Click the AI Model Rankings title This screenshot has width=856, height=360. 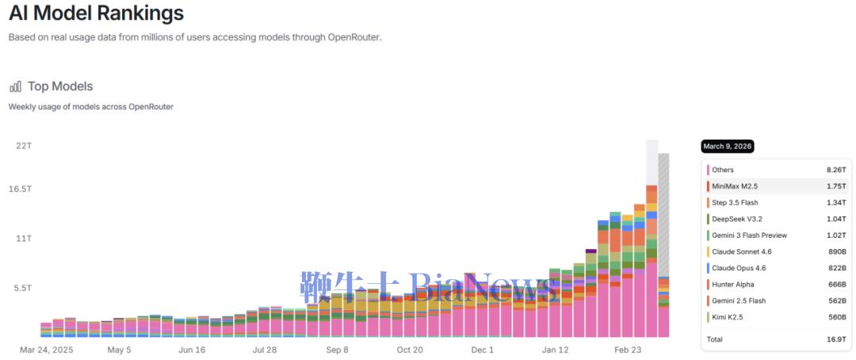(x=96, y=13)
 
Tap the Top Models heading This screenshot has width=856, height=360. (x=60, y=86)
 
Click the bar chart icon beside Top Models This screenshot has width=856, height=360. (x=16, y=86)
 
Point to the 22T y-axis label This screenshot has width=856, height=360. (x=24, y=145)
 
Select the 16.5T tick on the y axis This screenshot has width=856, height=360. (x=21, y=189)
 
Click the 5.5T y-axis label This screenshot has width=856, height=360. (x=23, y=288)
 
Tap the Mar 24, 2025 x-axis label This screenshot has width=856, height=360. (x=47, y=349)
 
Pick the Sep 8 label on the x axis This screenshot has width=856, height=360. (x=336, y=349)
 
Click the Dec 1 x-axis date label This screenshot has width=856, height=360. (x=482, y=349)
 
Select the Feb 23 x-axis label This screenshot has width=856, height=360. (x=627, y=349)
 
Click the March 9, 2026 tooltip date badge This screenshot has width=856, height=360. (x=728, y=147)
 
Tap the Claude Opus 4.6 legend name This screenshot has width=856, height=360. (x=739, y=268)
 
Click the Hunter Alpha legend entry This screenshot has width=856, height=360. (x=732, y=285)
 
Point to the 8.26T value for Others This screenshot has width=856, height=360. (x=835, y=170)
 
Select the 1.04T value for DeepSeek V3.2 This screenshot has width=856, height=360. (x=835, y=219)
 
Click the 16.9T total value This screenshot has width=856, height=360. (x=835, y=339)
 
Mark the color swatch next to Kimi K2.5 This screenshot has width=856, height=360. (x=706, y=317)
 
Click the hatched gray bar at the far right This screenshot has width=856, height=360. (x=663, y=214)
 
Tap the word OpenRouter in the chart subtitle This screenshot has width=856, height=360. (x=151, y=106)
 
